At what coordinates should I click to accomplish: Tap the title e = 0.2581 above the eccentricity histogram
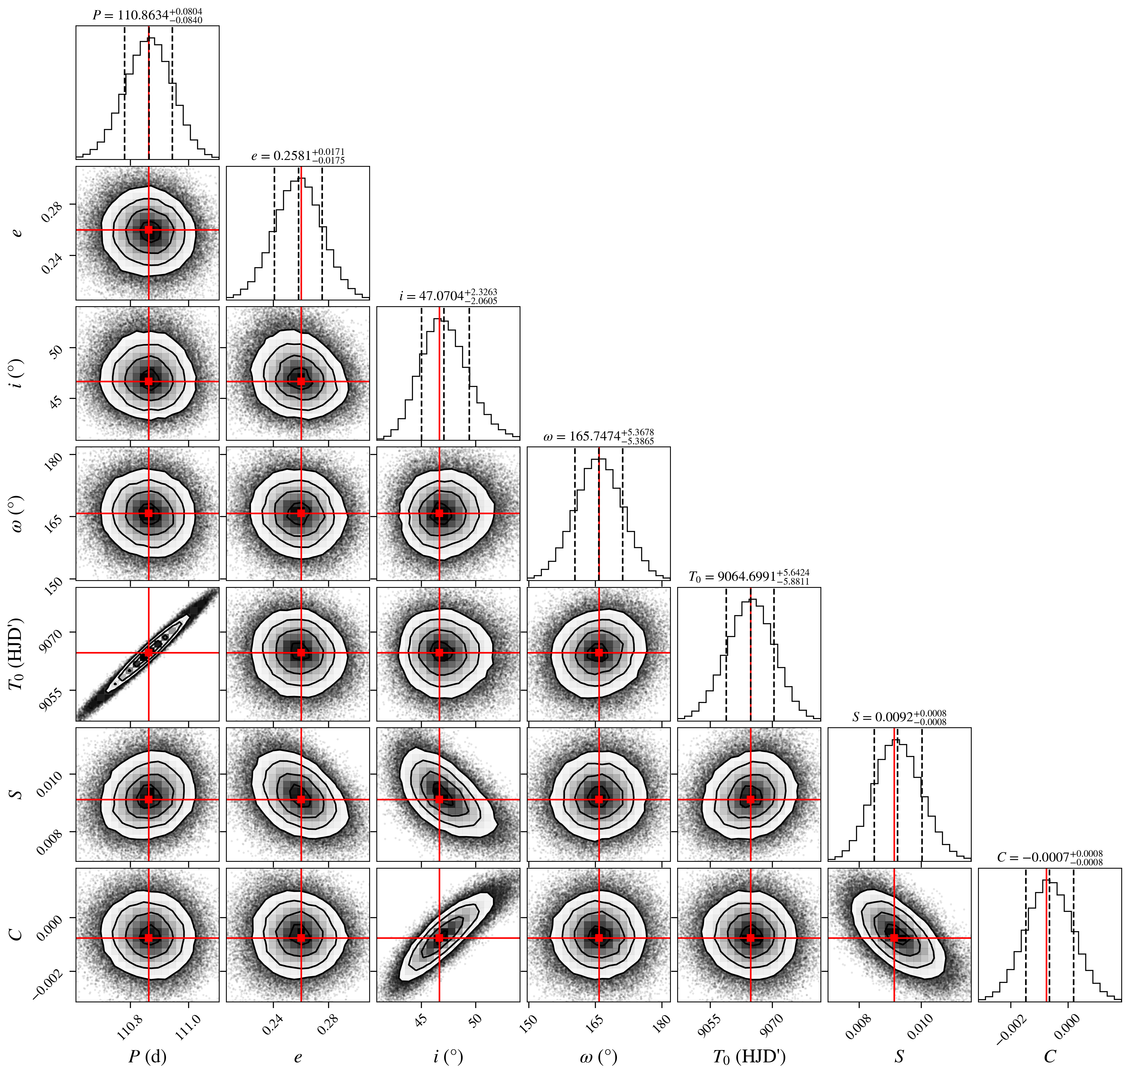pyautogui.click(x=298, y=156)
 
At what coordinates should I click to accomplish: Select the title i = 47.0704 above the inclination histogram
pyautogui.click(x=448, y=296)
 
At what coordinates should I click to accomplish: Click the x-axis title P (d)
pyautogui.click(x=148, y=1056)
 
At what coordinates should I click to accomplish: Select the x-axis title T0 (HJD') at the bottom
pyautogui.click(x=749, y=1057)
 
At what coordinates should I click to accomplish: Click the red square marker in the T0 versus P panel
pyautogui.click(x=149, y=653)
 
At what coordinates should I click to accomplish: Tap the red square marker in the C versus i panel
pyautogui.click(x=439, y=938)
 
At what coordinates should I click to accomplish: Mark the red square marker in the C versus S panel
pyautogui.click(x=894, y=938)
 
